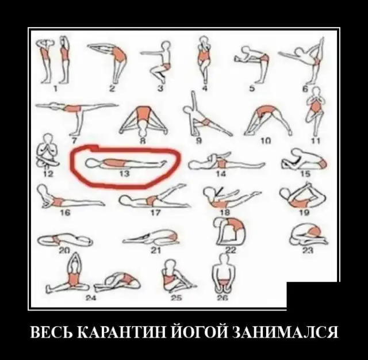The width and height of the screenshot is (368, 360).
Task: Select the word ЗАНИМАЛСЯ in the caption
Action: (x=285, y=331)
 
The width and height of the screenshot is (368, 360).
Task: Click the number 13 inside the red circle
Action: (x=124, y=174)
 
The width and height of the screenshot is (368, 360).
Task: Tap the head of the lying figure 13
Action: (x=91, y=163)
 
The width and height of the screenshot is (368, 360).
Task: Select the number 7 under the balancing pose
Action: (x=74, y=140)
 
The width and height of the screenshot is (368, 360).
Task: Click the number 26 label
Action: (x=223, y=298)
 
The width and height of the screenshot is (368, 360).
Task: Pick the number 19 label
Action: (x=304, y=213)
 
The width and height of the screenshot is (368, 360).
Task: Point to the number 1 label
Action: (x=55, y=89)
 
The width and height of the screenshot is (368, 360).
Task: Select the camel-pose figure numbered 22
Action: (x=229, y=232)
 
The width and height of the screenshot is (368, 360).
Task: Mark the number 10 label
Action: (x=266, y=140)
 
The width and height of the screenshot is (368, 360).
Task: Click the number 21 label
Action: (x=156, y=250)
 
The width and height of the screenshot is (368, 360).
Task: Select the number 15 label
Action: (x=305, y=174)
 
